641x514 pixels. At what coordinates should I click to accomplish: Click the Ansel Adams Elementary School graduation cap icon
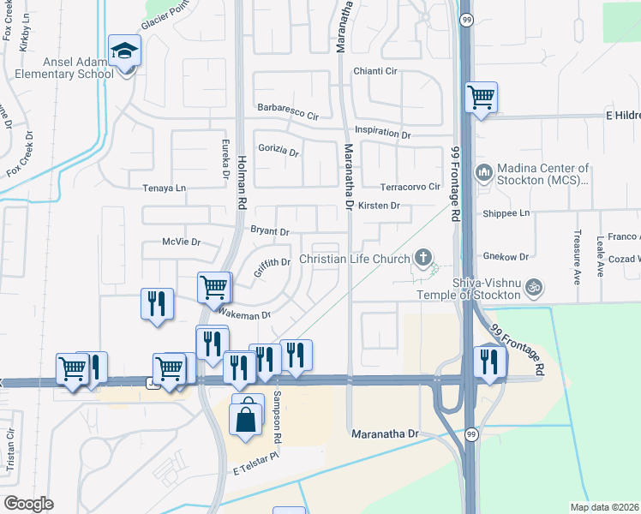click(x=125, y=51)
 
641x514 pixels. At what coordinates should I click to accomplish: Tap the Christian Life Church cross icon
click(x=422, y=256)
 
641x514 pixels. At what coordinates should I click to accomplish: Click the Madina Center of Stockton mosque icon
click(x=483, y=174)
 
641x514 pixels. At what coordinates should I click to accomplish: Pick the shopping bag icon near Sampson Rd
click(x=247, y=419)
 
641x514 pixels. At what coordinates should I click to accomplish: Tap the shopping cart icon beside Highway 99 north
click(x=482, y=97)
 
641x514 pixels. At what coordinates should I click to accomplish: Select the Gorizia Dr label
click(x=278, y=152)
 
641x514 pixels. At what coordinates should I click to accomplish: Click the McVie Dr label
click(x=181, y=242)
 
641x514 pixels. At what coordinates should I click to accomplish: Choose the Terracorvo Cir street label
click(x=410, y=186)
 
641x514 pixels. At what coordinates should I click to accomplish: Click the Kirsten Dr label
click(x=380, y=206)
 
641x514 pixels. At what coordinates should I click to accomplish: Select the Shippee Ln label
click(x=507, y=212)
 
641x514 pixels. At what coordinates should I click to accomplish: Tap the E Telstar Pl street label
click(x=255, y=466)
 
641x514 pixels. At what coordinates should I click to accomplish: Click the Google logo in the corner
click(x=28, y=504)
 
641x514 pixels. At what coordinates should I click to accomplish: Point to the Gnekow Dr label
click(x=508, y=256)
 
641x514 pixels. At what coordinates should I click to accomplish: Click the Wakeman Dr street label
click(x=244, y=314)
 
